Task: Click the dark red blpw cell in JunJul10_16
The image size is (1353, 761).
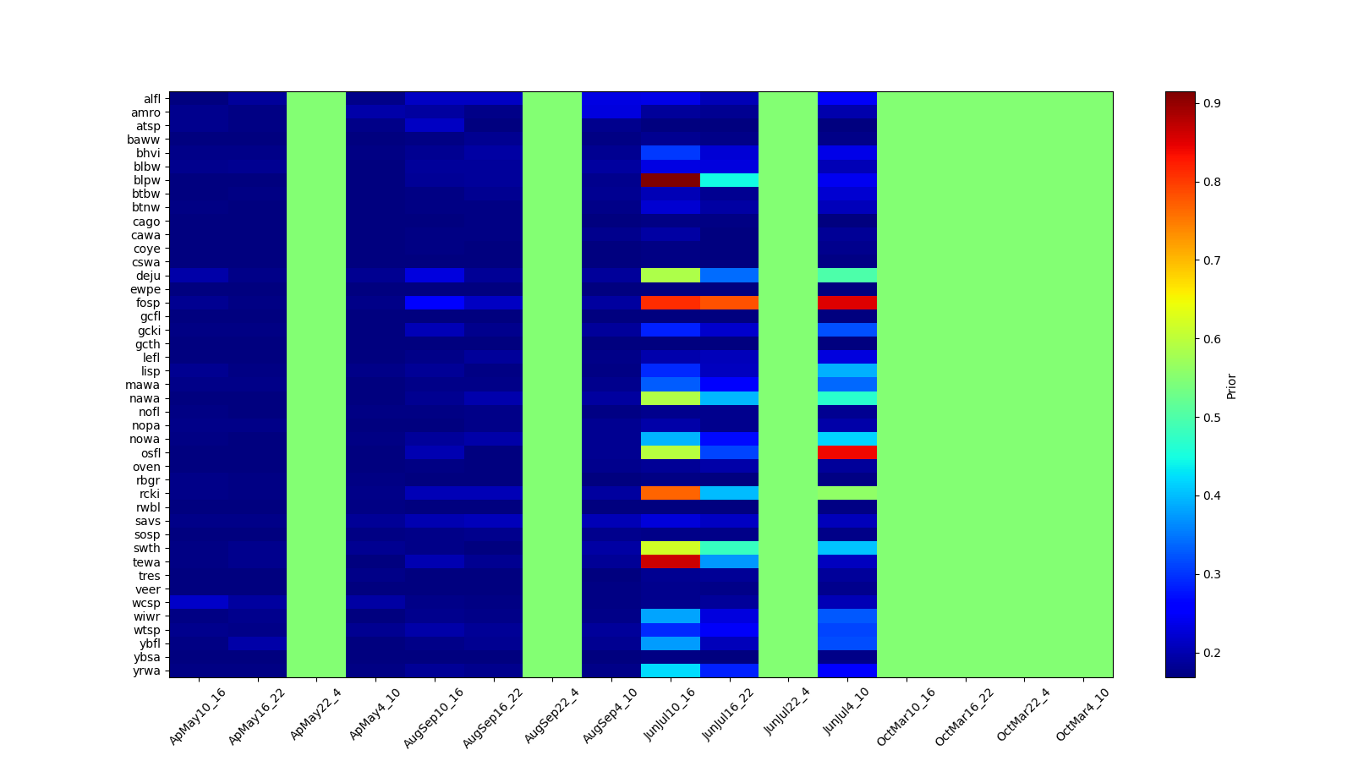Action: coord(671,180)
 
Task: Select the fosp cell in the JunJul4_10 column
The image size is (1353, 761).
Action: coord(847,303)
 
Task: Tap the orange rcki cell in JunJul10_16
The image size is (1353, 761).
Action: coord(671,493)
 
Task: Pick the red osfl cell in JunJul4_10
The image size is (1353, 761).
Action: coord(847,452)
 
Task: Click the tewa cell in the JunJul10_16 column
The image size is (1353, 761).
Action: coord(671,561)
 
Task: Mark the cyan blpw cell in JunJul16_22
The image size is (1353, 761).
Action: coord(729,180)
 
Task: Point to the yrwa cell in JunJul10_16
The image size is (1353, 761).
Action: coord(671,671)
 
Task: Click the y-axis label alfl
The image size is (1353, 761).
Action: coord(151,99)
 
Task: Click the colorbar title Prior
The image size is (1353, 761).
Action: coord(1231,386)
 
